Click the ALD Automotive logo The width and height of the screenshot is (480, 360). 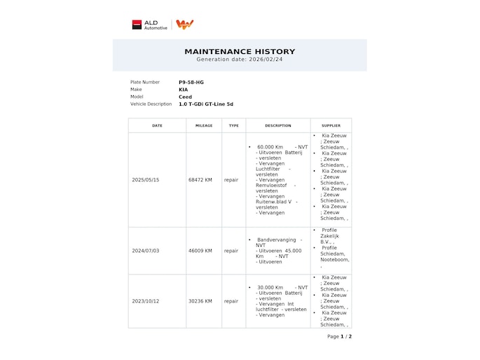point(149,25)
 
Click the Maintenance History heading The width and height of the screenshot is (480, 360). point(240,51)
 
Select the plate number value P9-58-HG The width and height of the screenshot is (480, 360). point(191,83)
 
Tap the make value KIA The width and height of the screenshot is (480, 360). point(184,90)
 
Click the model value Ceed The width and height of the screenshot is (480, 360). point(186,97)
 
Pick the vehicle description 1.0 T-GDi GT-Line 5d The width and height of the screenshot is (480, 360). point(206,104)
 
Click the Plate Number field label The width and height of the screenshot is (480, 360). point(145,83)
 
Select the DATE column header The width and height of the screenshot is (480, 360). point(157,126)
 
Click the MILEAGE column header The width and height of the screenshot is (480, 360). point(204,126)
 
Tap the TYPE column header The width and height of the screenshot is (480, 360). point(233,126)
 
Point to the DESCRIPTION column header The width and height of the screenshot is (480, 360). point(278,126)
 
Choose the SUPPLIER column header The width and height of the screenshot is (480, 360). point(331,126)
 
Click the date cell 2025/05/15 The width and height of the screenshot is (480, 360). point(146,180)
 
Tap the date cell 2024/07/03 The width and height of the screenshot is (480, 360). point(146,251)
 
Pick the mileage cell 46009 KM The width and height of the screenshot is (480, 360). point(200,251)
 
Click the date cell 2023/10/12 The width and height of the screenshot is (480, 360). point(146,301)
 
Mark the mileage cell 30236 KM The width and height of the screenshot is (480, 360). point(200,301)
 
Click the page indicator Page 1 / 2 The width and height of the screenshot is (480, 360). point(339,337)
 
